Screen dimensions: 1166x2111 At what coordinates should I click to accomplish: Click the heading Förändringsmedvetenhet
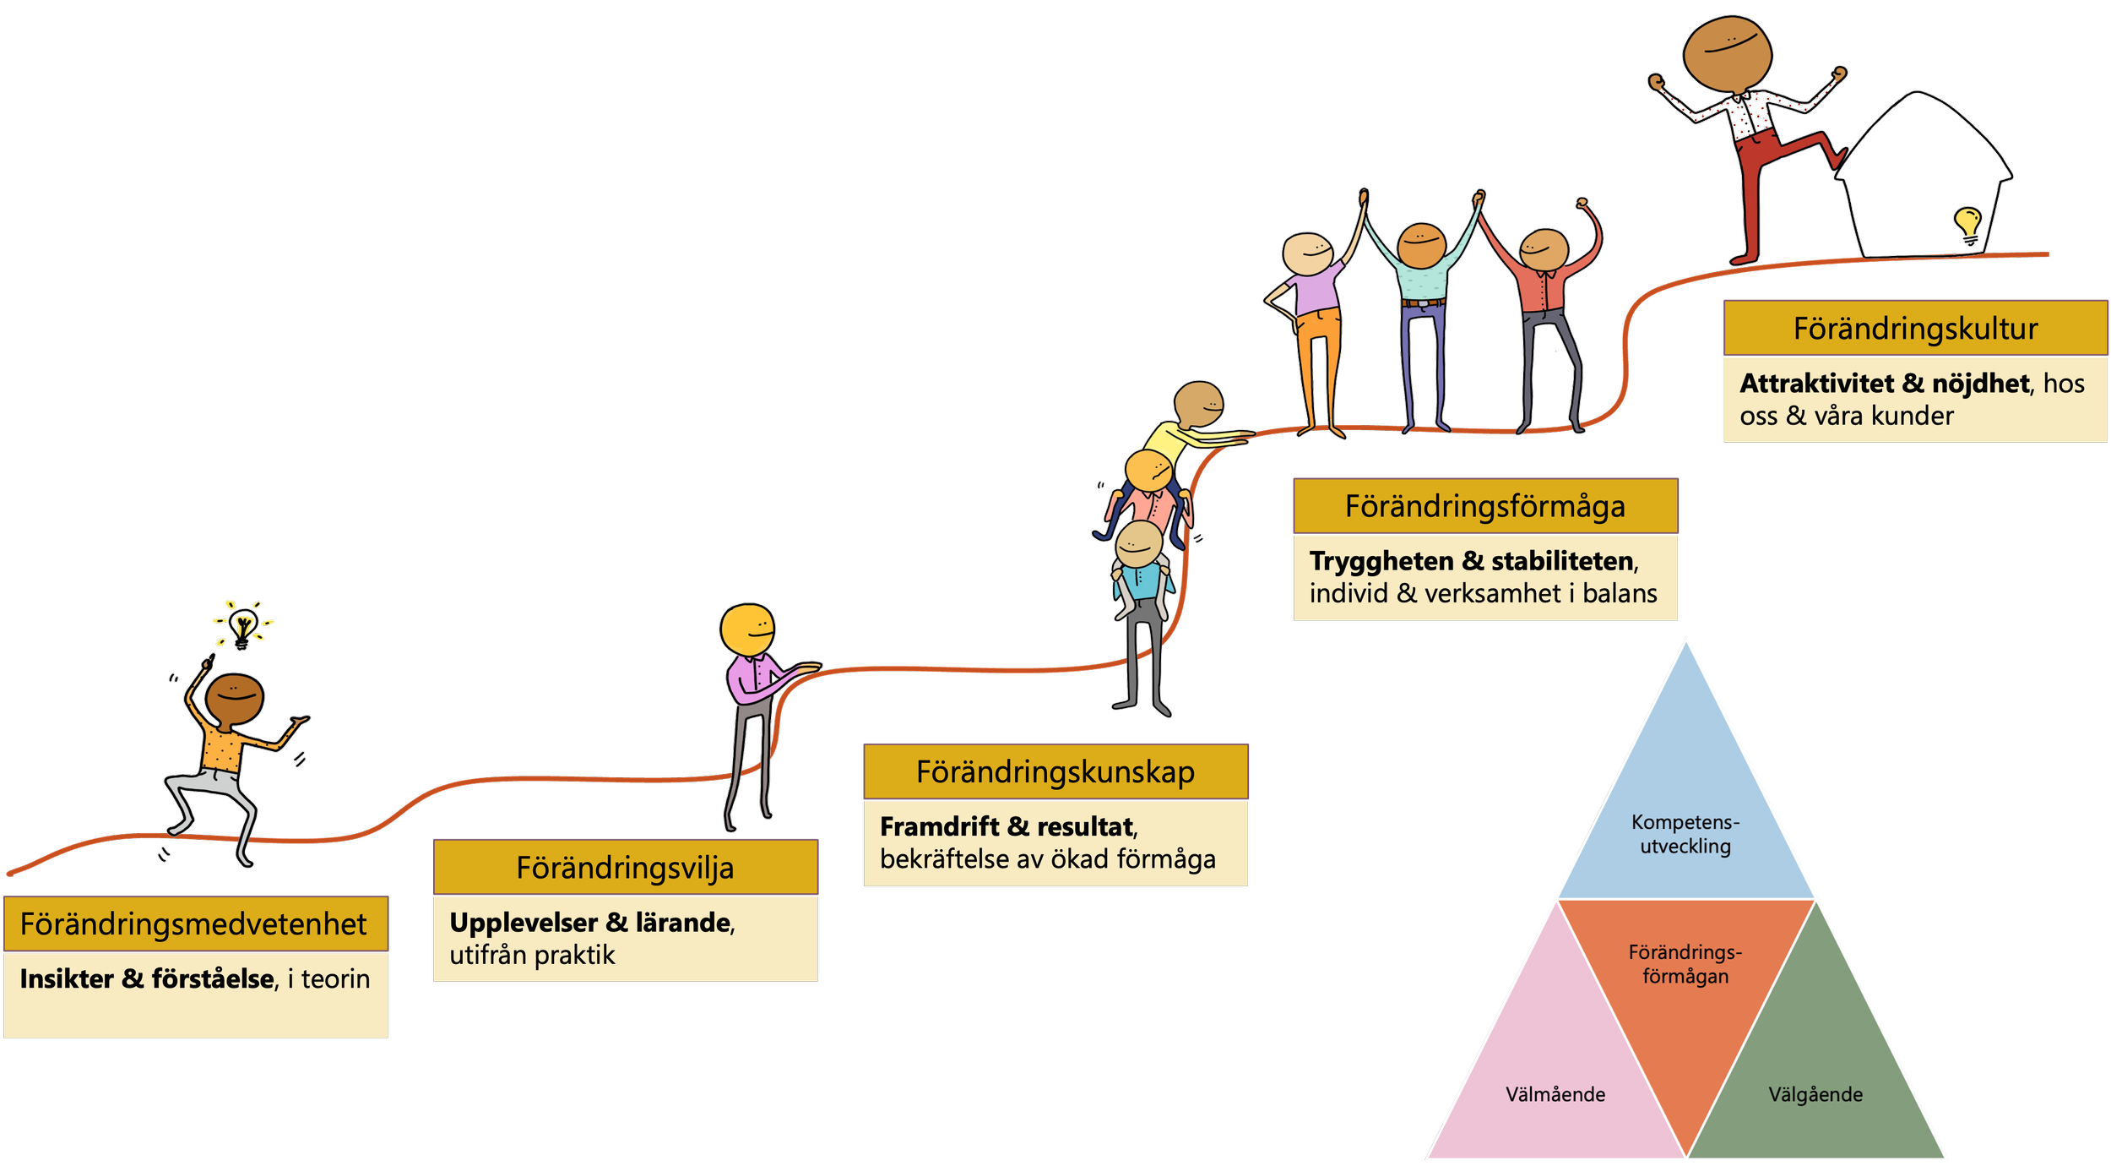click(x=193, y=924)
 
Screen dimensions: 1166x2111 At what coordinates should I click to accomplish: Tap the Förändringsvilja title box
click(x=625, y=868)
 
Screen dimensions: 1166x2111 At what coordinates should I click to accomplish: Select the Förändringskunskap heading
click(x=1055, y=772)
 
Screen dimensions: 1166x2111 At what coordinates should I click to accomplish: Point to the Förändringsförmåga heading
click(x=1484, y=507)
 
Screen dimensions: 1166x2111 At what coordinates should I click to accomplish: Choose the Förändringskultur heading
click(x=1915, y=329)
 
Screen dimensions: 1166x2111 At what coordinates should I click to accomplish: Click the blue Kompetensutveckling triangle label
click(x=1685, y=834)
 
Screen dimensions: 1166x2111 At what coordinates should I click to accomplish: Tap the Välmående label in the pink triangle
click(x=1555, y=1094)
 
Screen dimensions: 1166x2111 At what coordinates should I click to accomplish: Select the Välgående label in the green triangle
click(x=1815, y=1094)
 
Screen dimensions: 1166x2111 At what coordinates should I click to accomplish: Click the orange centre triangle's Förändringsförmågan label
click(x=1685, y=964)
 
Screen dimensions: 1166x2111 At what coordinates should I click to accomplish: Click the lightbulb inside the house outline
click(x=1967, y=224)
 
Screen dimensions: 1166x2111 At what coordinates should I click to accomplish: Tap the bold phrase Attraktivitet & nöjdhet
click(x=1884, y=384)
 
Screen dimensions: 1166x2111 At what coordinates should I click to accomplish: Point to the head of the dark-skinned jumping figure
click(x=235, y=700)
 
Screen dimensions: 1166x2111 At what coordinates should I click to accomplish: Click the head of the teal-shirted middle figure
click(x=1422, y=246)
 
